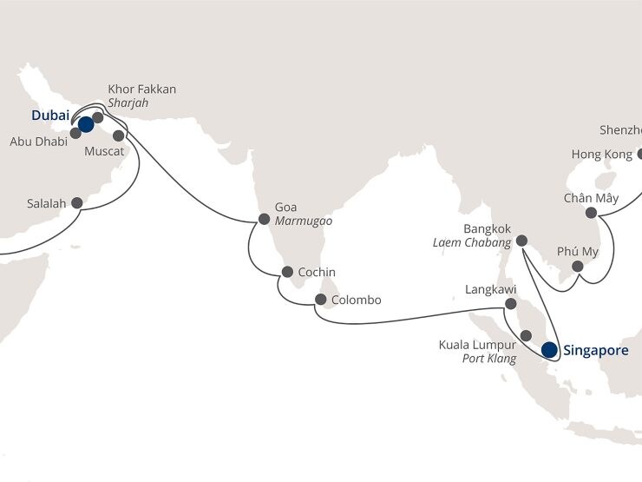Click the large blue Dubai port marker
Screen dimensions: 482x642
(85, 124)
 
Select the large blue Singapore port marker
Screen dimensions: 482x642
(549, 351)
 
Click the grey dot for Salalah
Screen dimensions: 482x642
(76, 203)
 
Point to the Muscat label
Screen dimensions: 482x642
(106, 151)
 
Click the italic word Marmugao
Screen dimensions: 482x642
(303, 221)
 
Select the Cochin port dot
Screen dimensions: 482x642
(285, 272)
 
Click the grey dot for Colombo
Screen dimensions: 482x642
(320, 300)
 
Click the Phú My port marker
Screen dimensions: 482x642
(578, 267)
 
